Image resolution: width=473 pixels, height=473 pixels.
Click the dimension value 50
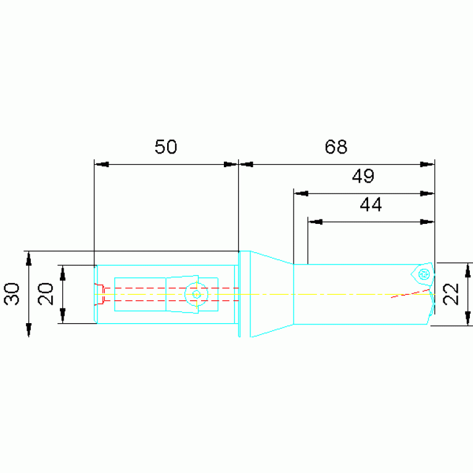(x=166, y=147)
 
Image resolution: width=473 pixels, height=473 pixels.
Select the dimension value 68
(x=335, y=147)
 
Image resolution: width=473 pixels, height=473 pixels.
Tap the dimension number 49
(x=363, y=176)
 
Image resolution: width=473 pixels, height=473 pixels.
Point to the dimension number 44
(x=371, y=205)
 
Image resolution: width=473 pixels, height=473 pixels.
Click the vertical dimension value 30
(x=12, y=294)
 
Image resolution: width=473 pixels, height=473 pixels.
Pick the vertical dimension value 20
(x=46, y=294)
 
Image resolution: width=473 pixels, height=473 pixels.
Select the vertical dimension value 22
(x=451, y=294)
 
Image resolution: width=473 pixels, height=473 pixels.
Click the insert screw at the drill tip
(x=424, y=274)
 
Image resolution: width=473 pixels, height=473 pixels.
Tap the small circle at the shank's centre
(x=196, y=294)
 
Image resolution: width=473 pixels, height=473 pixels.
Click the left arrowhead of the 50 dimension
(x=102, y=165)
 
